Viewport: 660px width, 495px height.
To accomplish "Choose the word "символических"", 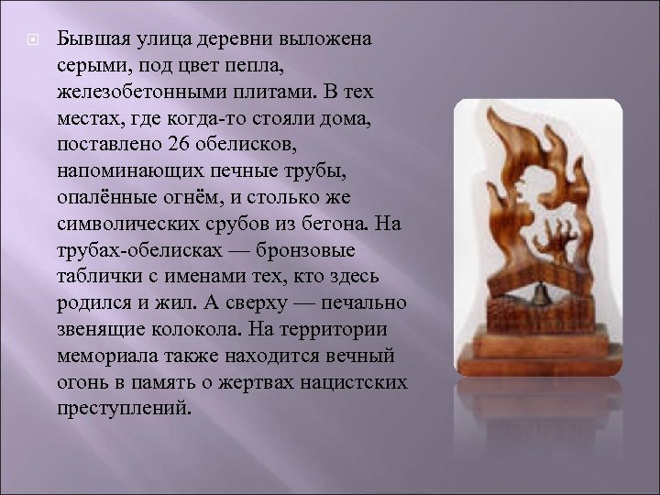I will pos(118,225).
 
